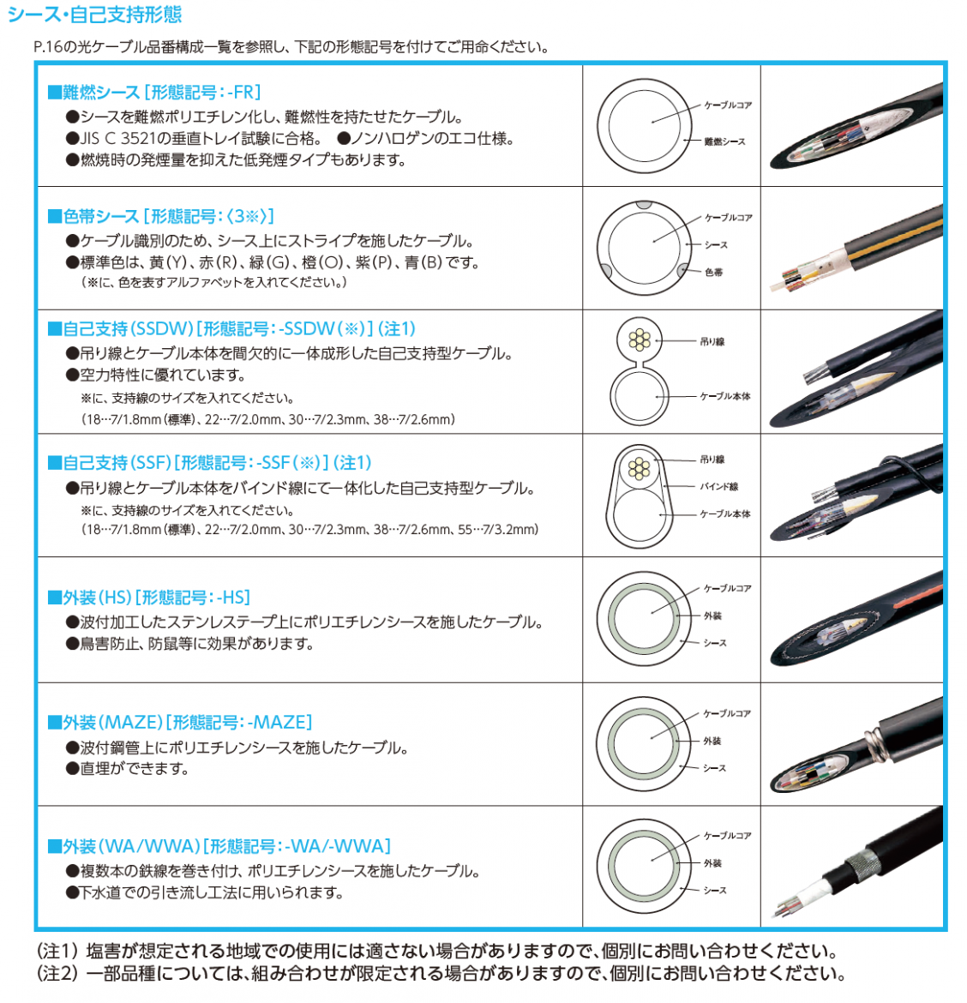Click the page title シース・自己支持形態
[x=94, y=14]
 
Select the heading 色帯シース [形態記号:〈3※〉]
[x=161, y=216]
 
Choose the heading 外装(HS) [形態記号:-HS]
[x=149, y=598]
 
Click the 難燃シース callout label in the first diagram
[x=724, y=141]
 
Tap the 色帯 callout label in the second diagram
[x=714, y=272]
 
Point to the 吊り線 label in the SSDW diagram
[x=712, y=341]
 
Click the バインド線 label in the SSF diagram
[x=719, y=486]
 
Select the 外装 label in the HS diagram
[x=712, y=616]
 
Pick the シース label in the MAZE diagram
[x=714, y=767]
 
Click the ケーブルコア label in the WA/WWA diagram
[x=727, y=836]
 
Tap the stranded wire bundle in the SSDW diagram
[x=640, y=339]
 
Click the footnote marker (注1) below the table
[x=57, y=952]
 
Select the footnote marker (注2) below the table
[x=57, y=974]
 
